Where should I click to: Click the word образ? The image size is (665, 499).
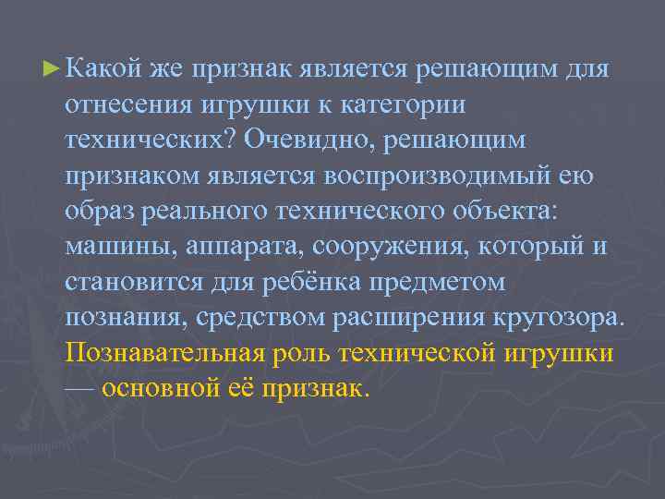pyautogui.click(x=99, y=212)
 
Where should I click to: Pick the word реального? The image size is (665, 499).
pyautogui.click(x=203, y=212)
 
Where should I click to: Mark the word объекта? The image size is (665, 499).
pyautogui.click(x=505, y=212)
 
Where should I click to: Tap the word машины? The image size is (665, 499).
pyautogui.click(x=117, y=247)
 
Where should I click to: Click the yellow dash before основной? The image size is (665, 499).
pyautogui.click(x=79, y=388)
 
